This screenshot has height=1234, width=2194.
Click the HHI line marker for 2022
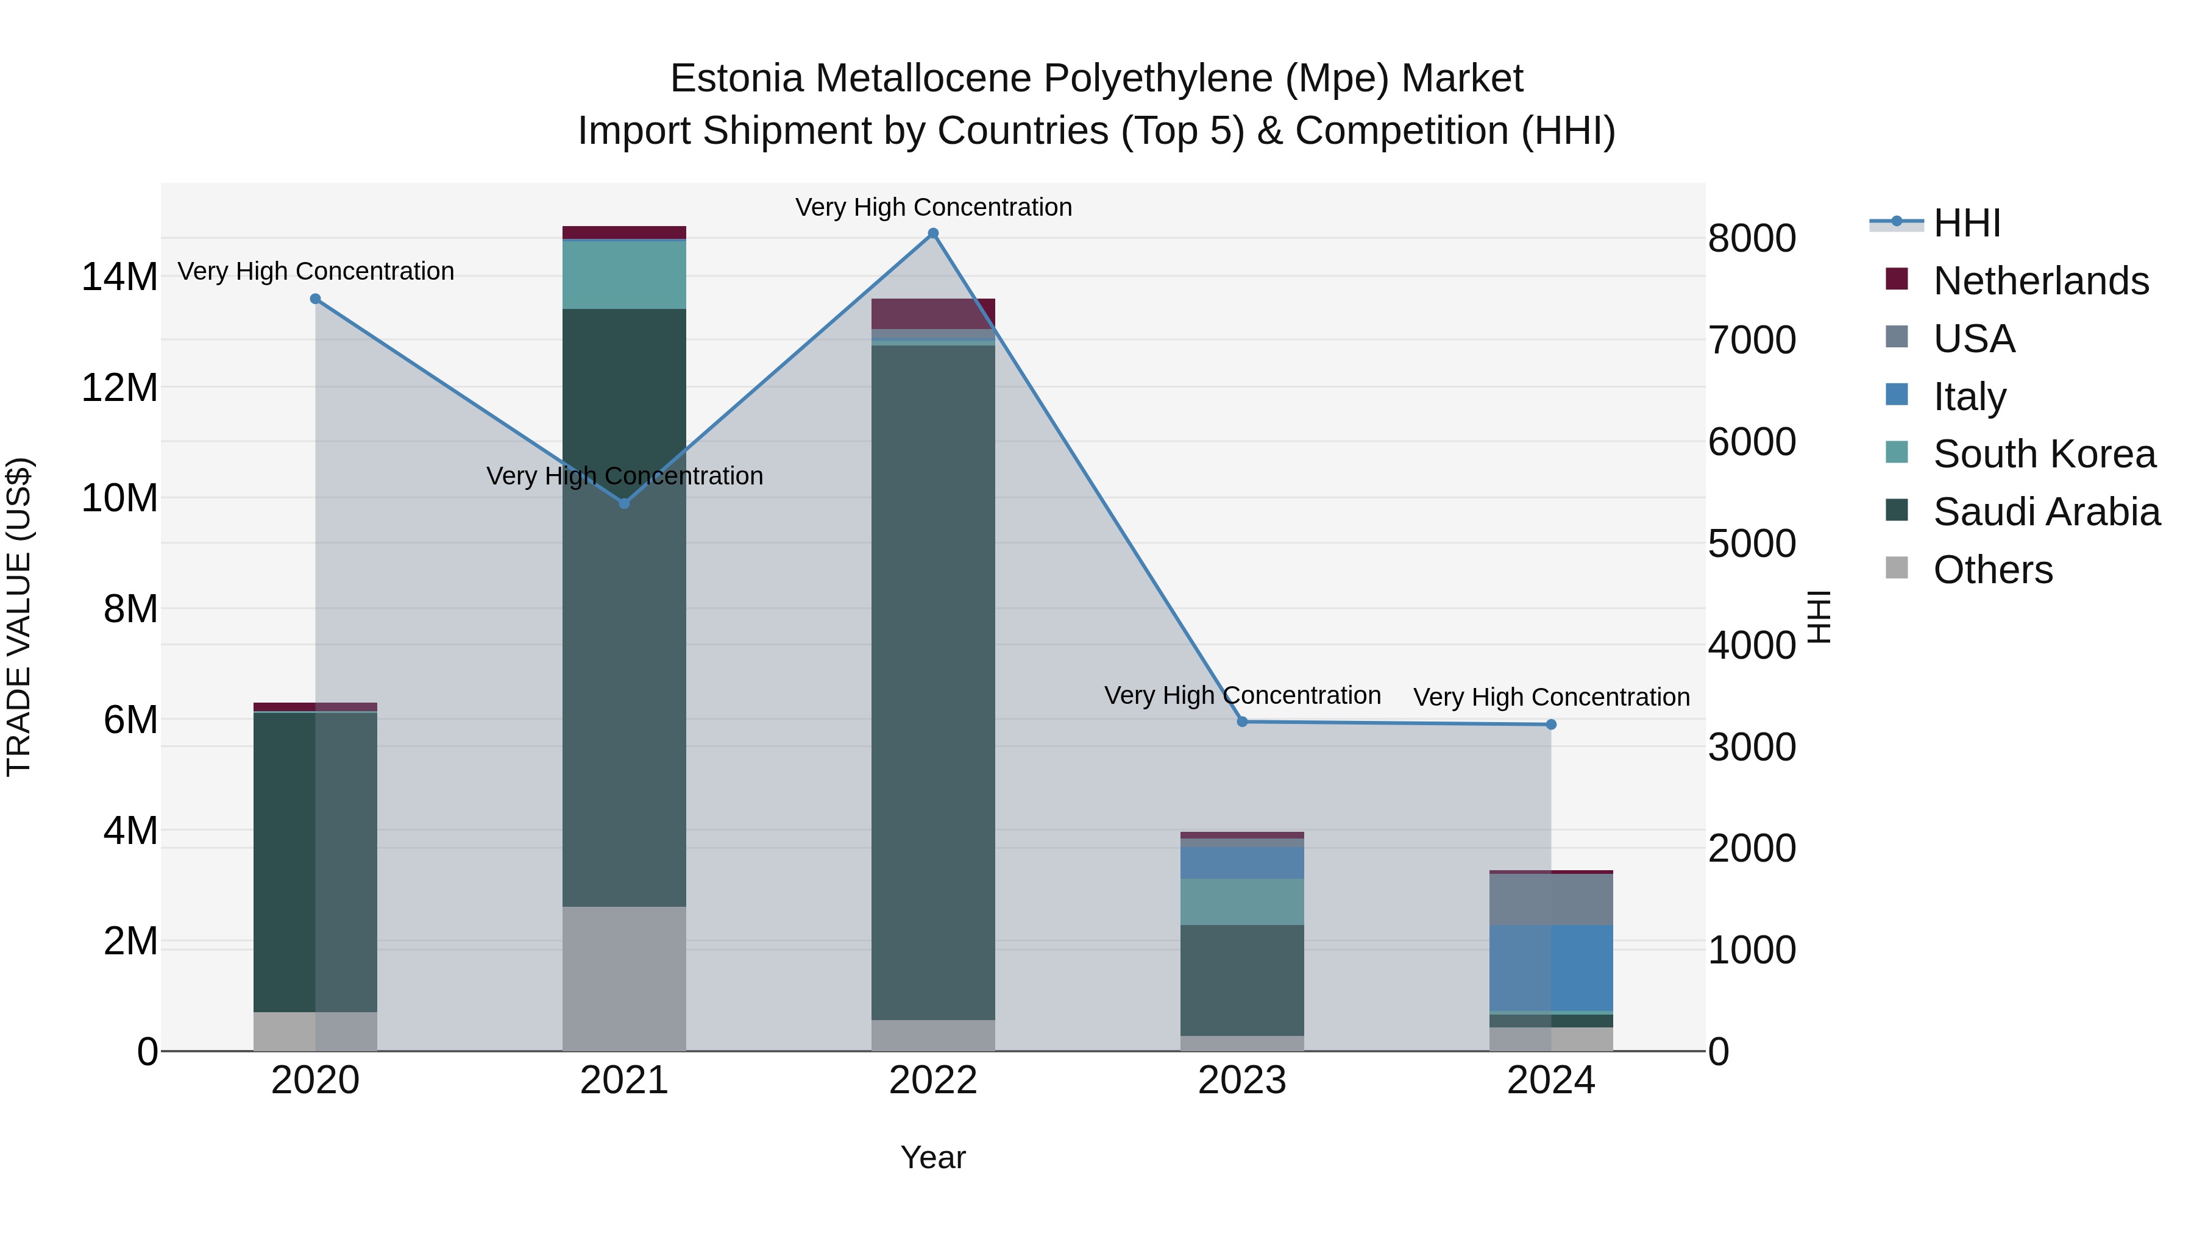pos(932,233)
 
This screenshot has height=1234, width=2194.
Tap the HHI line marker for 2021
pos(624,503)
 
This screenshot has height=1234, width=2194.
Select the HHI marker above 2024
pos(1551,725)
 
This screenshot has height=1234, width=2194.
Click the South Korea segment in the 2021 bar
pos(624,274)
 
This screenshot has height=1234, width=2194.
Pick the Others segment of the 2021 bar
pos(624,979)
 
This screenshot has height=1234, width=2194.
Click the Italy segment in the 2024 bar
pos(1551,968)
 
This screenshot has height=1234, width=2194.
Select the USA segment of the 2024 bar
pos(1551,899)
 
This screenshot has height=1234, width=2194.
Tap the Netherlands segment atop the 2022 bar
pos(932,313)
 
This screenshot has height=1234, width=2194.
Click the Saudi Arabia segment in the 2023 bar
pos(1242,980)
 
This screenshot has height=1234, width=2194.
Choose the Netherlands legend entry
pos(2040,281)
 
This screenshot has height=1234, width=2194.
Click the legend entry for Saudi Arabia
pos(2046,512)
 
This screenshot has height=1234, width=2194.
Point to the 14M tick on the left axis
pos(119,278)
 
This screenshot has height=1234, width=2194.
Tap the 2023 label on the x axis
pos(1242,1080)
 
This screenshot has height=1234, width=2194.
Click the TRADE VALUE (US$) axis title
pos(19,617)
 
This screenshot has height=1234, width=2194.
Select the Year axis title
pos(932,1157)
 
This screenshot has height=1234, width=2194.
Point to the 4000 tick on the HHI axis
pos(1752,645)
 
